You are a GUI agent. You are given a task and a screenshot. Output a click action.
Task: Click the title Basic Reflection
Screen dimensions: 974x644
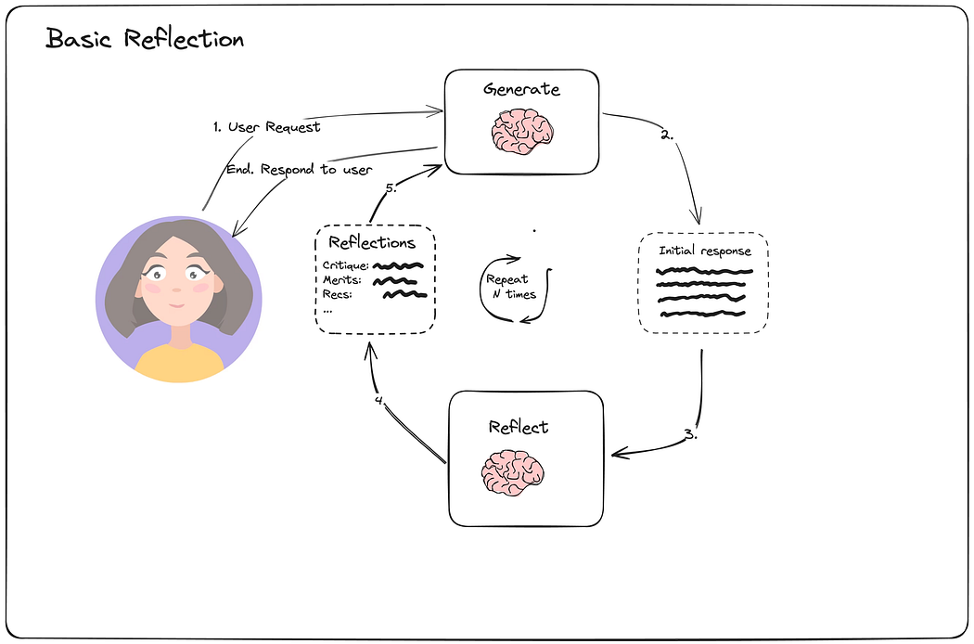[x=145, y=39]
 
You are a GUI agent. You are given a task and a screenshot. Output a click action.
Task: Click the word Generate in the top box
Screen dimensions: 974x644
[x=521, y=89]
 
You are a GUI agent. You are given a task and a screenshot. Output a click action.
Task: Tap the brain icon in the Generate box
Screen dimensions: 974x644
[x=522, y=131]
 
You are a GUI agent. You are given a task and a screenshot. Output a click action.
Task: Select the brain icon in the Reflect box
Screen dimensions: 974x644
[x=512, y=473]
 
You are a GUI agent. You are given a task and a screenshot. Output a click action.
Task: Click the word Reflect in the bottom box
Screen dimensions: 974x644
[x=518, y=427]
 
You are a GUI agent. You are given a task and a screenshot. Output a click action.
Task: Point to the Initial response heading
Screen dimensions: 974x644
[x=705, y=251]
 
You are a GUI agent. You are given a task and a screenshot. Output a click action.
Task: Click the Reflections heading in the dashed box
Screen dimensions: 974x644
[x=372, y=242]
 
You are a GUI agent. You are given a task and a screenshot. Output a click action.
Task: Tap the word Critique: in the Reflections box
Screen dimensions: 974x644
[x=345, y=266]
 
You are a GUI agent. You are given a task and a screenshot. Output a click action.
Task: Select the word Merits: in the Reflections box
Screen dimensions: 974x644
[x=341, y=280]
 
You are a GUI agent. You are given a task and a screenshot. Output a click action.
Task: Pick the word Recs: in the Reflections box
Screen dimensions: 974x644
[x=338, y=295]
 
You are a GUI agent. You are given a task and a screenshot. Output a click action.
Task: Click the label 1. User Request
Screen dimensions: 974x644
[x=267, y=127]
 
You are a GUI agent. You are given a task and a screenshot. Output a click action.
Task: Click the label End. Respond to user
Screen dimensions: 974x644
[x=300, y=170]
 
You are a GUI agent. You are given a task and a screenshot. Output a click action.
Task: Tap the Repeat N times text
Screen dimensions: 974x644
[x=510, y=287]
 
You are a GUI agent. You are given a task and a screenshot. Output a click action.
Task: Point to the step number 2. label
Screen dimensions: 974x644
[x=667, y=135]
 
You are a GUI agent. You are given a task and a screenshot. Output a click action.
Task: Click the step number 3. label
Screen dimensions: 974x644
[x=691, y=434]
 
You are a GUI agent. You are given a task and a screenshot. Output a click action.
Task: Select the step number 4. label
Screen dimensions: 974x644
[x=380, y=400]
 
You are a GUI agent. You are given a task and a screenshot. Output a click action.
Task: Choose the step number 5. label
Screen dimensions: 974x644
[x=391, y=187]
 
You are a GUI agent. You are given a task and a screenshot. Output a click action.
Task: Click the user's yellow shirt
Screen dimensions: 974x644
[x=179, y=363]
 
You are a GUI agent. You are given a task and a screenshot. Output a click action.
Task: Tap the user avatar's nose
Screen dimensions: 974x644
[x=177, y=290]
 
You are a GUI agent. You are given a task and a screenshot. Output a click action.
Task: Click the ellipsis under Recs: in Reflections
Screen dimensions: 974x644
[x=327, y=310]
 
